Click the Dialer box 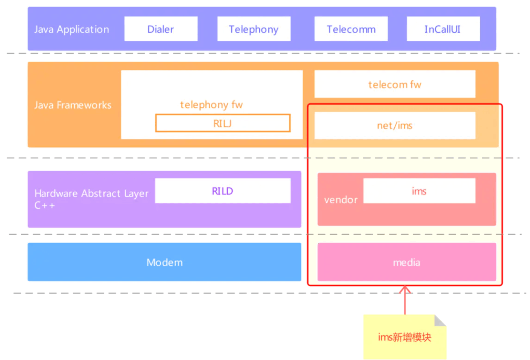click(x=161, y=29)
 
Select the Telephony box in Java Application click(x=254, y=29)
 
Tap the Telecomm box click(x=351, y=29)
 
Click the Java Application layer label click(x=72, y=29)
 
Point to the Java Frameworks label click(x=73, y=105)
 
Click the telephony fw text click(x=211, y=105)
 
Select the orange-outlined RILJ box click(x=223, y=123)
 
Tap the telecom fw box click(x=395, y=84)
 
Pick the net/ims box click(x=395, y=125)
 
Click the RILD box click(x=223, y=191)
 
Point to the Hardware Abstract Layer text click(x=91, y=193)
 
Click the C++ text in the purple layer click(x=45, y=206)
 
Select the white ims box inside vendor click(x=419, y=191)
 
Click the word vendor click(x=341, y=200)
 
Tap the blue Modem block click(x=164, y=262)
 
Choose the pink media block click(x=407, y=262)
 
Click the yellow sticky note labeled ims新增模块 click(x=404, y=337)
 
